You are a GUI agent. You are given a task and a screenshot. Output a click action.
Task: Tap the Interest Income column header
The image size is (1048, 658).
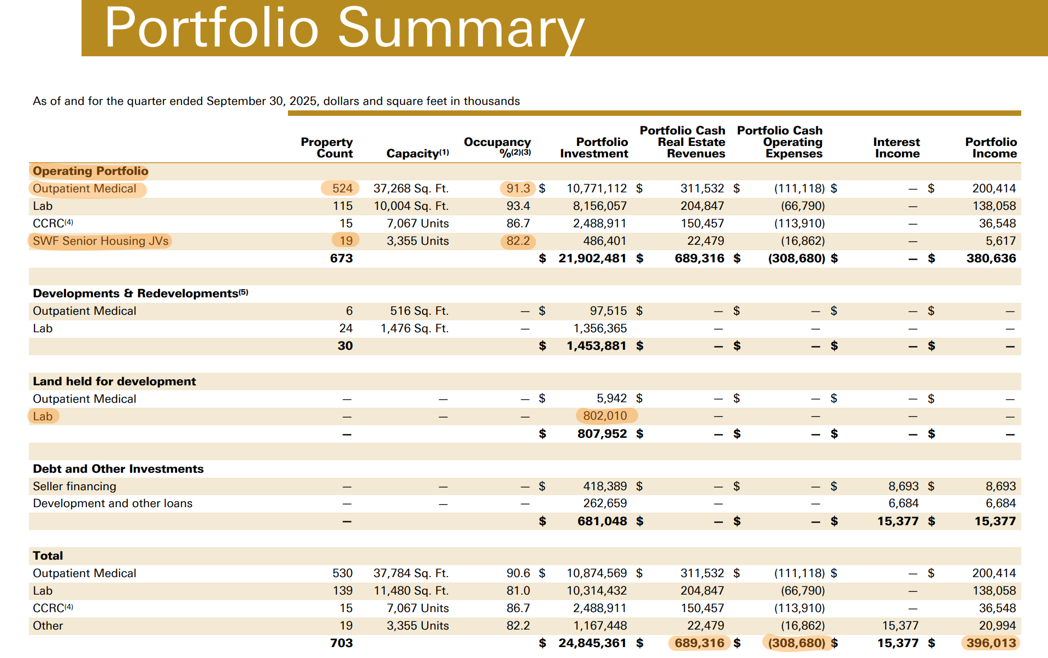(897, 148)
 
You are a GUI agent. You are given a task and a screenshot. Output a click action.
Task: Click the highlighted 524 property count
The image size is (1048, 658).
(342, 189)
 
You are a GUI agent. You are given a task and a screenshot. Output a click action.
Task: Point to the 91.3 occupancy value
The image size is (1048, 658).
(517, 189)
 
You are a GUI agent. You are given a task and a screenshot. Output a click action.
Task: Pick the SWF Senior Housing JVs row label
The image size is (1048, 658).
(101, 241)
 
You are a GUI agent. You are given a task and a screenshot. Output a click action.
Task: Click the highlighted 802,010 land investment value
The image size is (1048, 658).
(605, 416)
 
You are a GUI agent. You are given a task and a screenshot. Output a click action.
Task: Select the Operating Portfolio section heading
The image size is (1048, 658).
(90, 171)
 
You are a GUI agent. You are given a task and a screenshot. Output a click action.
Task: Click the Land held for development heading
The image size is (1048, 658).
(114, 381)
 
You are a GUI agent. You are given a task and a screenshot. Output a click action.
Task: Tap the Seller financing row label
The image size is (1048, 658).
(74, 486)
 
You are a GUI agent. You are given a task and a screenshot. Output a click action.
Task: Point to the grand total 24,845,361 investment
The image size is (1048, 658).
(592, 643)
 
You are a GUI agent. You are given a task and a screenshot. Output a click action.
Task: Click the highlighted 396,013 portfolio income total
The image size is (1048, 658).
(991, 643)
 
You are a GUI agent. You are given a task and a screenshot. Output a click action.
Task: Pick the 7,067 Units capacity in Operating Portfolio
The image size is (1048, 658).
(417, 224)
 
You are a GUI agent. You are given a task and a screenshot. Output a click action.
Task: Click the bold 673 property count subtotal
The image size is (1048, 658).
(342, 258)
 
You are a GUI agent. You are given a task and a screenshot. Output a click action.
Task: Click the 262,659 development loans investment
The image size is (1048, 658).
(605, 503)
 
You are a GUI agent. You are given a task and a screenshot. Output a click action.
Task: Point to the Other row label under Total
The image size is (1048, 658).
(48, 626)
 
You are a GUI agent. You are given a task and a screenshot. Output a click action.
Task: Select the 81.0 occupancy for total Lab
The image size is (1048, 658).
(518, 591)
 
